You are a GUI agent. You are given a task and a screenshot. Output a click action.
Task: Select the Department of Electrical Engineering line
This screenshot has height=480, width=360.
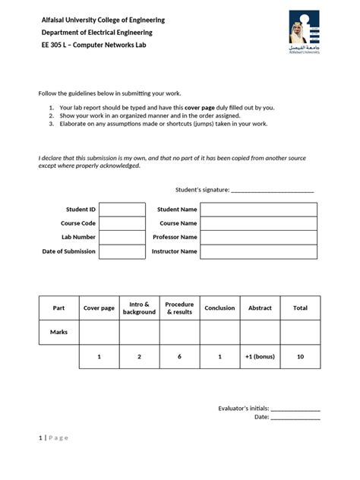[96, 33]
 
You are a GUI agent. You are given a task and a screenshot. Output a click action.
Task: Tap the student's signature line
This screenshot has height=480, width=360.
[272, 190]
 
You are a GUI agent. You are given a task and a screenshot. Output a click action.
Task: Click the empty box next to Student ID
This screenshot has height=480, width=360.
[122, 210]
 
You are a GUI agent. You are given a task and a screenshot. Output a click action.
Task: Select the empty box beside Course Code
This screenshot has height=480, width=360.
[122, 223]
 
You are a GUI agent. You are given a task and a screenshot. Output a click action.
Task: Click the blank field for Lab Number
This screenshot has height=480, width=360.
[122, 238]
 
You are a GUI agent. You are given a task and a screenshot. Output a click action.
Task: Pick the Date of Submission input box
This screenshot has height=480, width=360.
[122, 251]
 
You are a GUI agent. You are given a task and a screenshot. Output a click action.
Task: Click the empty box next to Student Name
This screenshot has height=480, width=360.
[258, 210]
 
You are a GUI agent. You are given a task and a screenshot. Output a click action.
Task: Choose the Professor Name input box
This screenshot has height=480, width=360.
[258, 238]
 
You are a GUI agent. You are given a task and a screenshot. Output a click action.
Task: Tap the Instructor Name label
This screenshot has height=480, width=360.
[175, 251]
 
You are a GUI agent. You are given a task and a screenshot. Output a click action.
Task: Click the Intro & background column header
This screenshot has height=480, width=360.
[139, 308]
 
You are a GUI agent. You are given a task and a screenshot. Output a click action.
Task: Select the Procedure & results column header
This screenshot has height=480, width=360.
[179, 308]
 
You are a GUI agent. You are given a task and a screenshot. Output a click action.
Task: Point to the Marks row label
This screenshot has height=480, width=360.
[58, 332]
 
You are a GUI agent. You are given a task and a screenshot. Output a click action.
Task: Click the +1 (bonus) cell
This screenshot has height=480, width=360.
[260, 356]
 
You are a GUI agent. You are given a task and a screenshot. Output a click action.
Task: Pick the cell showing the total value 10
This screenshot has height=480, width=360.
[300, 356]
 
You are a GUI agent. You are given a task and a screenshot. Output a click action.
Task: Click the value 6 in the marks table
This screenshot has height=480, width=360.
[179, 356]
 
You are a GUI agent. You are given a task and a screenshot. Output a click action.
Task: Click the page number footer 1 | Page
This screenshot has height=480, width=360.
[53, 437]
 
